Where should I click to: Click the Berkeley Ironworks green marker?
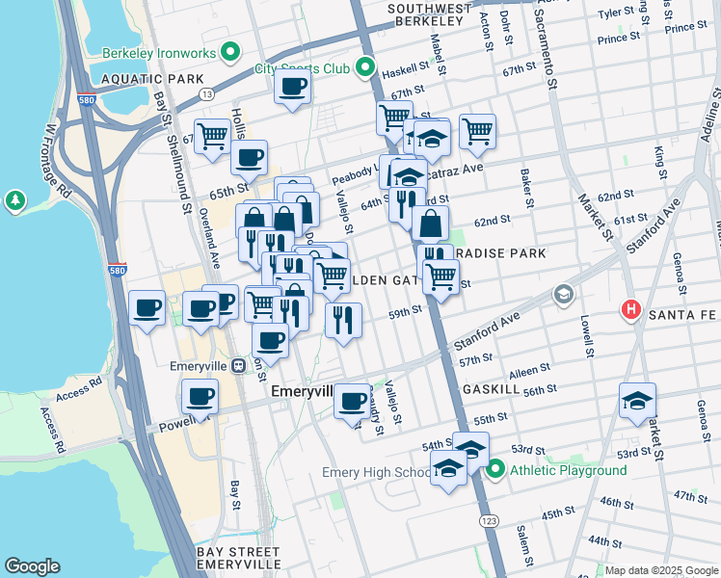[x=229, y=50]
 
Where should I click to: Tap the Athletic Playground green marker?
[x=496, y=470]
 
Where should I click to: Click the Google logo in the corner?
[x=32, y=566]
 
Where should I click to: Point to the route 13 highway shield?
[x=206, y=93]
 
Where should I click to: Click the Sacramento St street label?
[x=550, y=58]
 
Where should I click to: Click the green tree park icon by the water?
[x=15, y=200]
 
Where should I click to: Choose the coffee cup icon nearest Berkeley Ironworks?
[x=292, y=87]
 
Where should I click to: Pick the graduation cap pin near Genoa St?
[x=637, y=400]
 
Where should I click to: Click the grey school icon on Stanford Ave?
[x=563, y=294]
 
